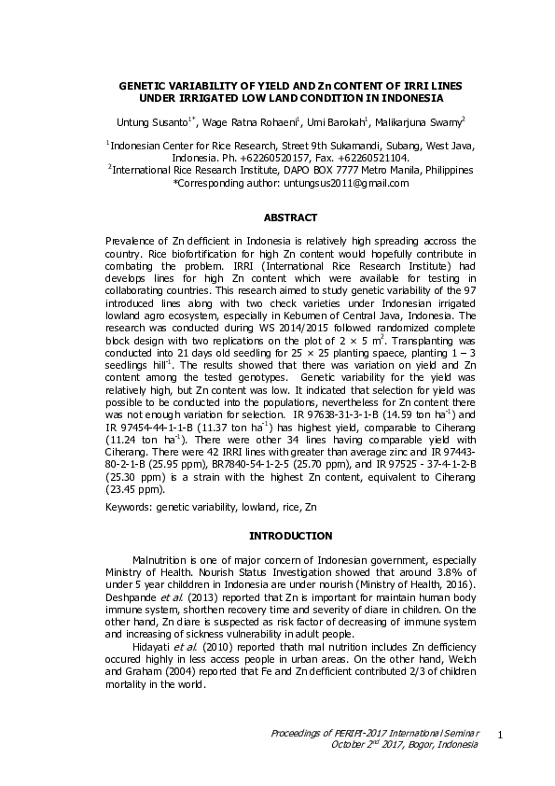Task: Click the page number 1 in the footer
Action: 501,737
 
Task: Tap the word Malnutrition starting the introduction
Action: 162,557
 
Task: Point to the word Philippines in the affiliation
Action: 444,170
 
